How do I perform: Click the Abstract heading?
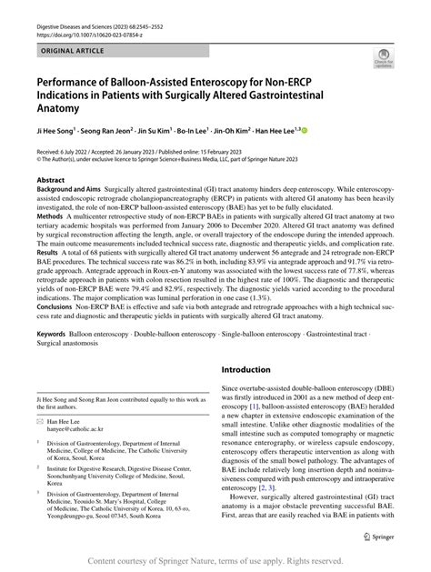point(50,181)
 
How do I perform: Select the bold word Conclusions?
point(56,306)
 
